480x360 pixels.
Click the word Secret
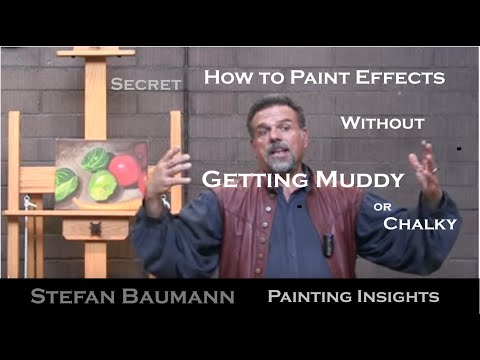click(x=146, y=85)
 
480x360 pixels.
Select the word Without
click(x=382, y=124)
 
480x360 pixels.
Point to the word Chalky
click(x=421, y=223)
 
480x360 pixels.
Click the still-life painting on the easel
click(x=100, y=174)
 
